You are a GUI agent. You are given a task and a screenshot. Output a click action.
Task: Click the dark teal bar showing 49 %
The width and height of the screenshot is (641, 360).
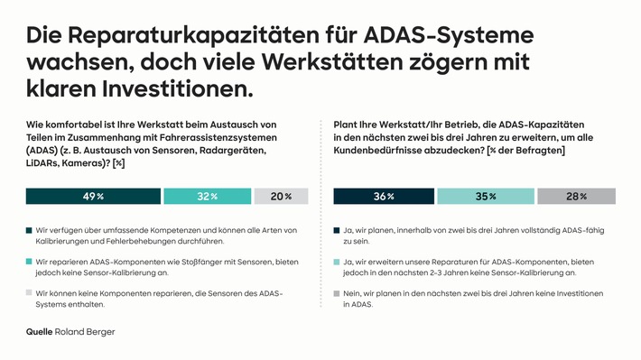93,197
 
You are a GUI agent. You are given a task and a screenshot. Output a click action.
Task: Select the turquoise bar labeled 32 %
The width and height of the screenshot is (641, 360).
208,197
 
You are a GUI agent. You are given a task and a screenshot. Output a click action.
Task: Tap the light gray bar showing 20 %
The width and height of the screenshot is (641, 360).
281,197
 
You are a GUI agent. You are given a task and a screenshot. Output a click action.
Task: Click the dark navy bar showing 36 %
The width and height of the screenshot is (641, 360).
384,197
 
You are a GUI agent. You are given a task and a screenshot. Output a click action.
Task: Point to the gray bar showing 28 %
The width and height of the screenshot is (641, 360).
576,197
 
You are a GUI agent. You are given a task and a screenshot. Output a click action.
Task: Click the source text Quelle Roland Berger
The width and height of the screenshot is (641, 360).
70,332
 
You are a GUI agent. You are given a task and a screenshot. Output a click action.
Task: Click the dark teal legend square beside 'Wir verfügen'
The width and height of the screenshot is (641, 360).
30,231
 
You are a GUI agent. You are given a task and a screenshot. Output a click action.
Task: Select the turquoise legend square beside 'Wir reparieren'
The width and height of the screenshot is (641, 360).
30,261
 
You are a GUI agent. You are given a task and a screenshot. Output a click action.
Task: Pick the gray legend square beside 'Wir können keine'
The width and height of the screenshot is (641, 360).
30,291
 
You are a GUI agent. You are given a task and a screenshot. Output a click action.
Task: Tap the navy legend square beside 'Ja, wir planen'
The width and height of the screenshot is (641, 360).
337,231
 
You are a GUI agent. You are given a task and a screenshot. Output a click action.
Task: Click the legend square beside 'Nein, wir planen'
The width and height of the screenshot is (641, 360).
337,291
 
